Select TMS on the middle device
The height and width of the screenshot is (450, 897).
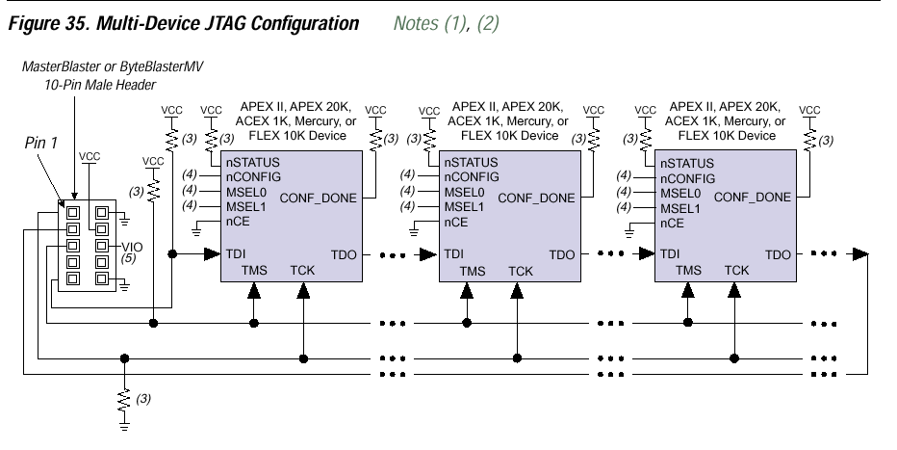[472, 271]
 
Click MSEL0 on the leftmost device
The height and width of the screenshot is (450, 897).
[248, 192]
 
